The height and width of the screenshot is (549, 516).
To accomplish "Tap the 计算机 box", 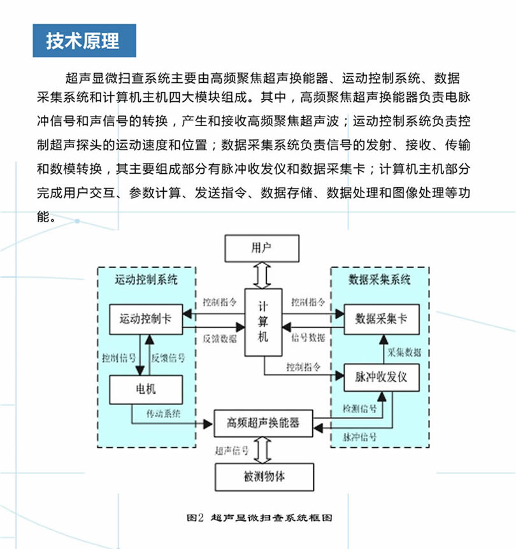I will click(x=263, y=322).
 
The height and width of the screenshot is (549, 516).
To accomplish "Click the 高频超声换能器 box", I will click(x=263, y=422).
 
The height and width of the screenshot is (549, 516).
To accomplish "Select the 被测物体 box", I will click(x=263, y=475).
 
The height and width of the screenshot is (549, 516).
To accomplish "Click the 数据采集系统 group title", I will click(x=380, y=279).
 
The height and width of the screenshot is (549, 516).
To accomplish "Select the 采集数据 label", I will click(x=404, y=351).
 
